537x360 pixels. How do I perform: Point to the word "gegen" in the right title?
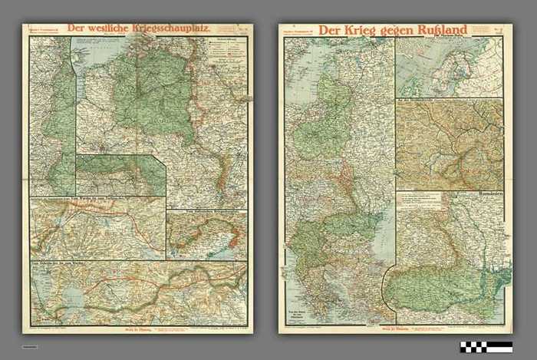[x=396, y=32]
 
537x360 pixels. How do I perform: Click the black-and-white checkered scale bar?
[x=486, y=346]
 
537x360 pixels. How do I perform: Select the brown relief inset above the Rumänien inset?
[x=449, y=144]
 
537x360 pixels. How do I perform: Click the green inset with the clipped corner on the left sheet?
[x=120, y=175]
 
